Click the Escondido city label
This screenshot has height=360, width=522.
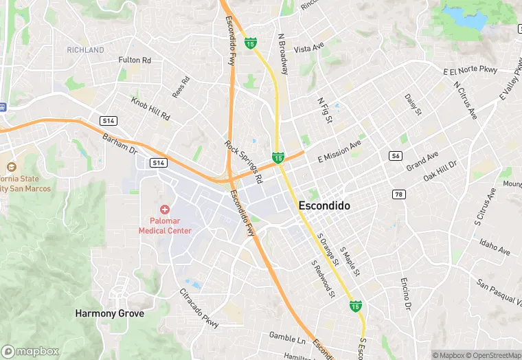coord(325,205)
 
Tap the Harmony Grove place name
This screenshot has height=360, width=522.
coord(109,313)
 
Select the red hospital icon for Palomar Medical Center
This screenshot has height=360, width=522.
coord(164,209)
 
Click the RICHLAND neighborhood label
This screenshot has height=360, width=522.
coord(86,50)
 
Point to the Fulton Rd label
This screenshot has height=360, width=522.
coord(135,60)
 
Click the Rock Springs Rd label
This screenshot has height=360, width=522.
coord(244,161)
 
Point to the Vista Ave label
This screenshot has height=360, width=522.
coord(308,49)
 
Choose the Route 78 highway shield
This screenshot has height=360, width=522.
coord(398,194)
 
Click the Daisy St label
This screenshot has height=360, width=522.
coord(413,104)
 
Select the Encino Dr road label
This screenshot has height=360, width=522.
coord(406,293)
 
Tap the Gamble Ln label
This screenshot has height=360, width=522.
coord(287,339)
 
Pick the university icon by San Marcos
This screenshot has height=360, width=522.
coord(11,167)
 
